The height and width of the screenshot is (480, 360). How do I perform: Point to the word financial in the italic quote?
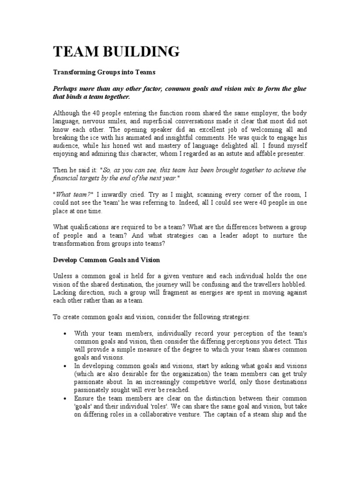65,178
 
